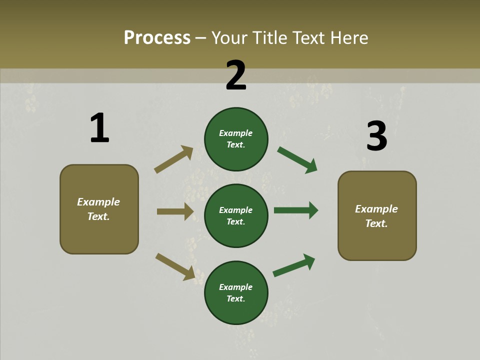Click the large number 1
pos(99,128)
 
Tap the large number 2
pos(236,75)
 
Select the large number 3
pos(377,136)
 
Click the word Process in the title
pos(157,37)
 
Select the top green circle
pos(236,139)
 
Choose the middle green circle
pos(236,215)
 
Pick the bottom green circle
pos(236,292)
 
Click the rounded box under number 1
pos(99,209)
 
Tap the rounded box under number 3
pos(377,215)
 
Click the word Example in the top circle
pos(236,133)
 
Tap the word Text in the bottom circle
pos(235,298)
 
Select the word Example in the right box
pos(376,209)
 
